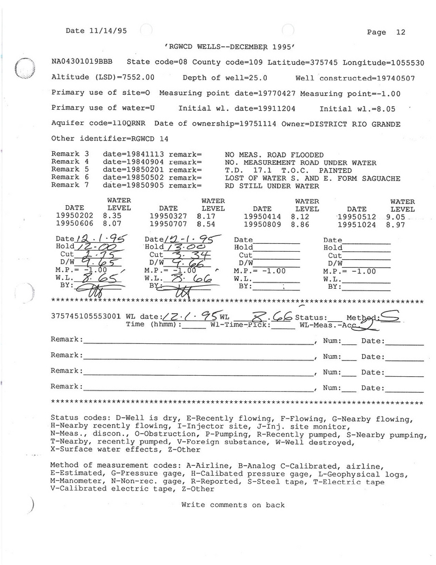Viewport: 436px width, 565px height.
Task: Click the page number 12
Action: coord(400,32)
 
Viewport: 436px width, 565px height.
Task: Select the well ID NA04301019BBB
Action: coord(85,62)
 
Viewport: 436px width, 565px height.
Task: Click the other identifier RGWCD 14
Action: coord(146,139)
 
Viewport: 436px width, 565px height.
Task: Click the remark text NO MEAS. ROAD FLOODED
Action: coord(274,155)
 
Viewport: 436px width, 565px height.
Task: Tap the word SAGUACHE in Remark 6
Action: coord(381,178)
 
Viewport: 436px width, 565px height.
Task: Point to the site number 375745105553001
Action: coord(86,317)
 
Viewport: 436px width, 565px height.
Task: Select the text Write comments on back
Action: coord(233,505)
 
